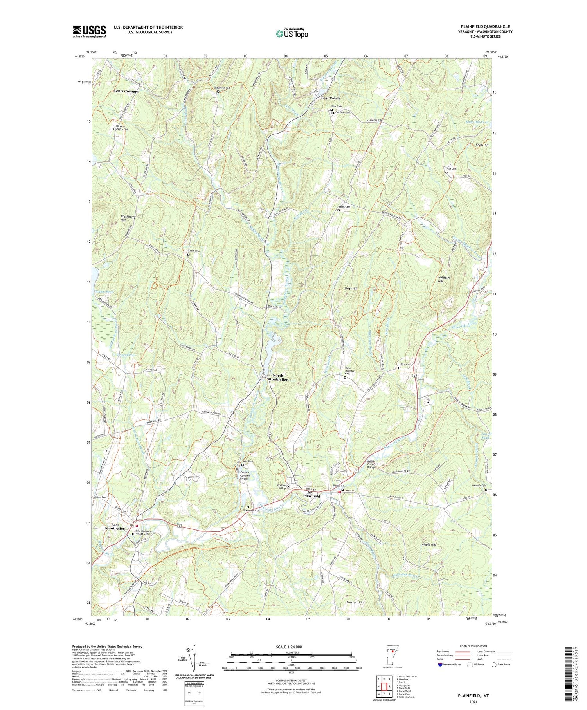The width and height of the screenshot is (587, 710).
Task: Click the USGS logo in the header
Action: click(x=89, y=31)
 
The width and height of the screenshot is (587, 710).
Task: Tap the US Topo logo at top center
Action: click(x=292, y=33)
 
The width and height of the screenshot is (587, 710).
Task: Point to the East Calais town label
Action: click(x=331, y=98)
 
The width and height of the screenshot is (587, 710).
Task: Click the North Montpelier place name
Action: click(x=277, y=377)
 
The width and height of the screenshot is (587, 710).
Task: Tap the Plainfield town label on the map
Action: click(x=313, y=496)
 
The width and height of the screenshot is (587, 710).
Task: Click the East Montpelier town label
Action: click(x=115, y=526)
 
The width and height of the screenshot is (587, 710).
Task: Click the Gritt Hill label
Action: click(x=351, y=289)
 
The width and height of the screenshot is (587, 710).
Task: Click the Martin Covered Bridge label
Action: click(x=371, y=464)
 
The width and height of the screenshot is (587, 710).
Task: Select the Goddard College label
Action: click(x=283, y=486)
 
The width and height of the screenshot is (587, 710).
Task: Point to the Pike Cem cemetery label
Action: click(x=451, y=169)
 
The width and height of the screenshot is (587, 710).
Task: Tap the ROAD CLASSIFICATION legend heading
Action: click(x=474, y=646)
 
